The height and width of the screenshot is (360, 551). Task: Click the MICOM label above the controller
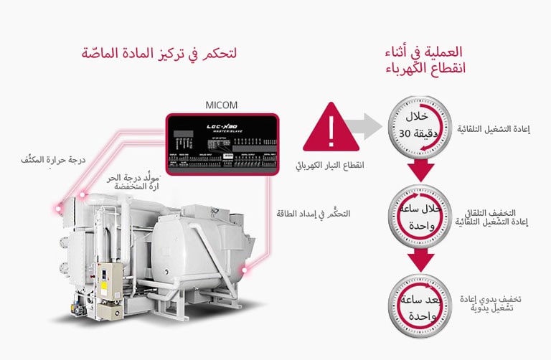(222, 105)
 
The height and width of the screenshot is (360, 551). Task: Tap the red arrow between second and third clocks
(421, 261)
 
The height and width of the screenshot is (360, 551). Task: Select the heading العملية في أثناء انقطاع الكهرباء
(425, 60)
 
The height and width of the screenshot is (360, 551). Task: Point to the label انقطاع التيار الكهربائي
(329, 165)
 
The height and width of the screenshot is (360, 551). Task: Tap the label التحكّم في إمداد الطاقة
(314, 214)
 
